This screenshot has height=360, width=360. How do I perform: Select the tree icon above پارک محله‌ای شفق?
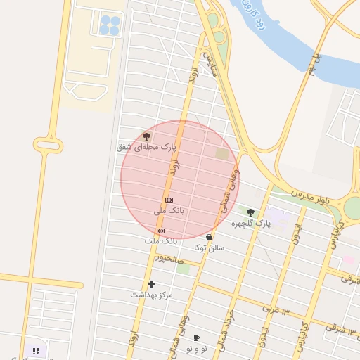(146, 136)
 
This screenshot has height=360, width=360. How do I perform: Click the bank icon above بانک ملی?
(169, 200)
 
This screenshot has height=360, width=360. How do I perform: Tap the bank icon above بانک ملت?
(160, 231)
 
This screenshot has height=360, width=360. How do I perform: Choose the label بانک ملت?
(160, 241)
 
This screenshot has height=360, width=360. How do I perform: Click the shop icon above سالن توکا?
(209, 238)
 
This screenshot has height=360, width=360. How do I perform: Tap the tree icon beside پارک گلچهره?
(250, 212)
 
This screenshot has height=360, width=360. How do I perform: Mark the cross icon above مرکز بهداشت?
(151, 284)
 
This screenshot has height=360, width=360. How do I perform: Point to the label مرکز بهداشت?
(151, 295)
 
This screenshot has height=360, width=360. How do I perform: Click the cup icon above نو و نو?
(196, 338)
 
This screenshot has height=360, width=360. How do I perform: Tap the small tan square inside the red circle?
(222, 153)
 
